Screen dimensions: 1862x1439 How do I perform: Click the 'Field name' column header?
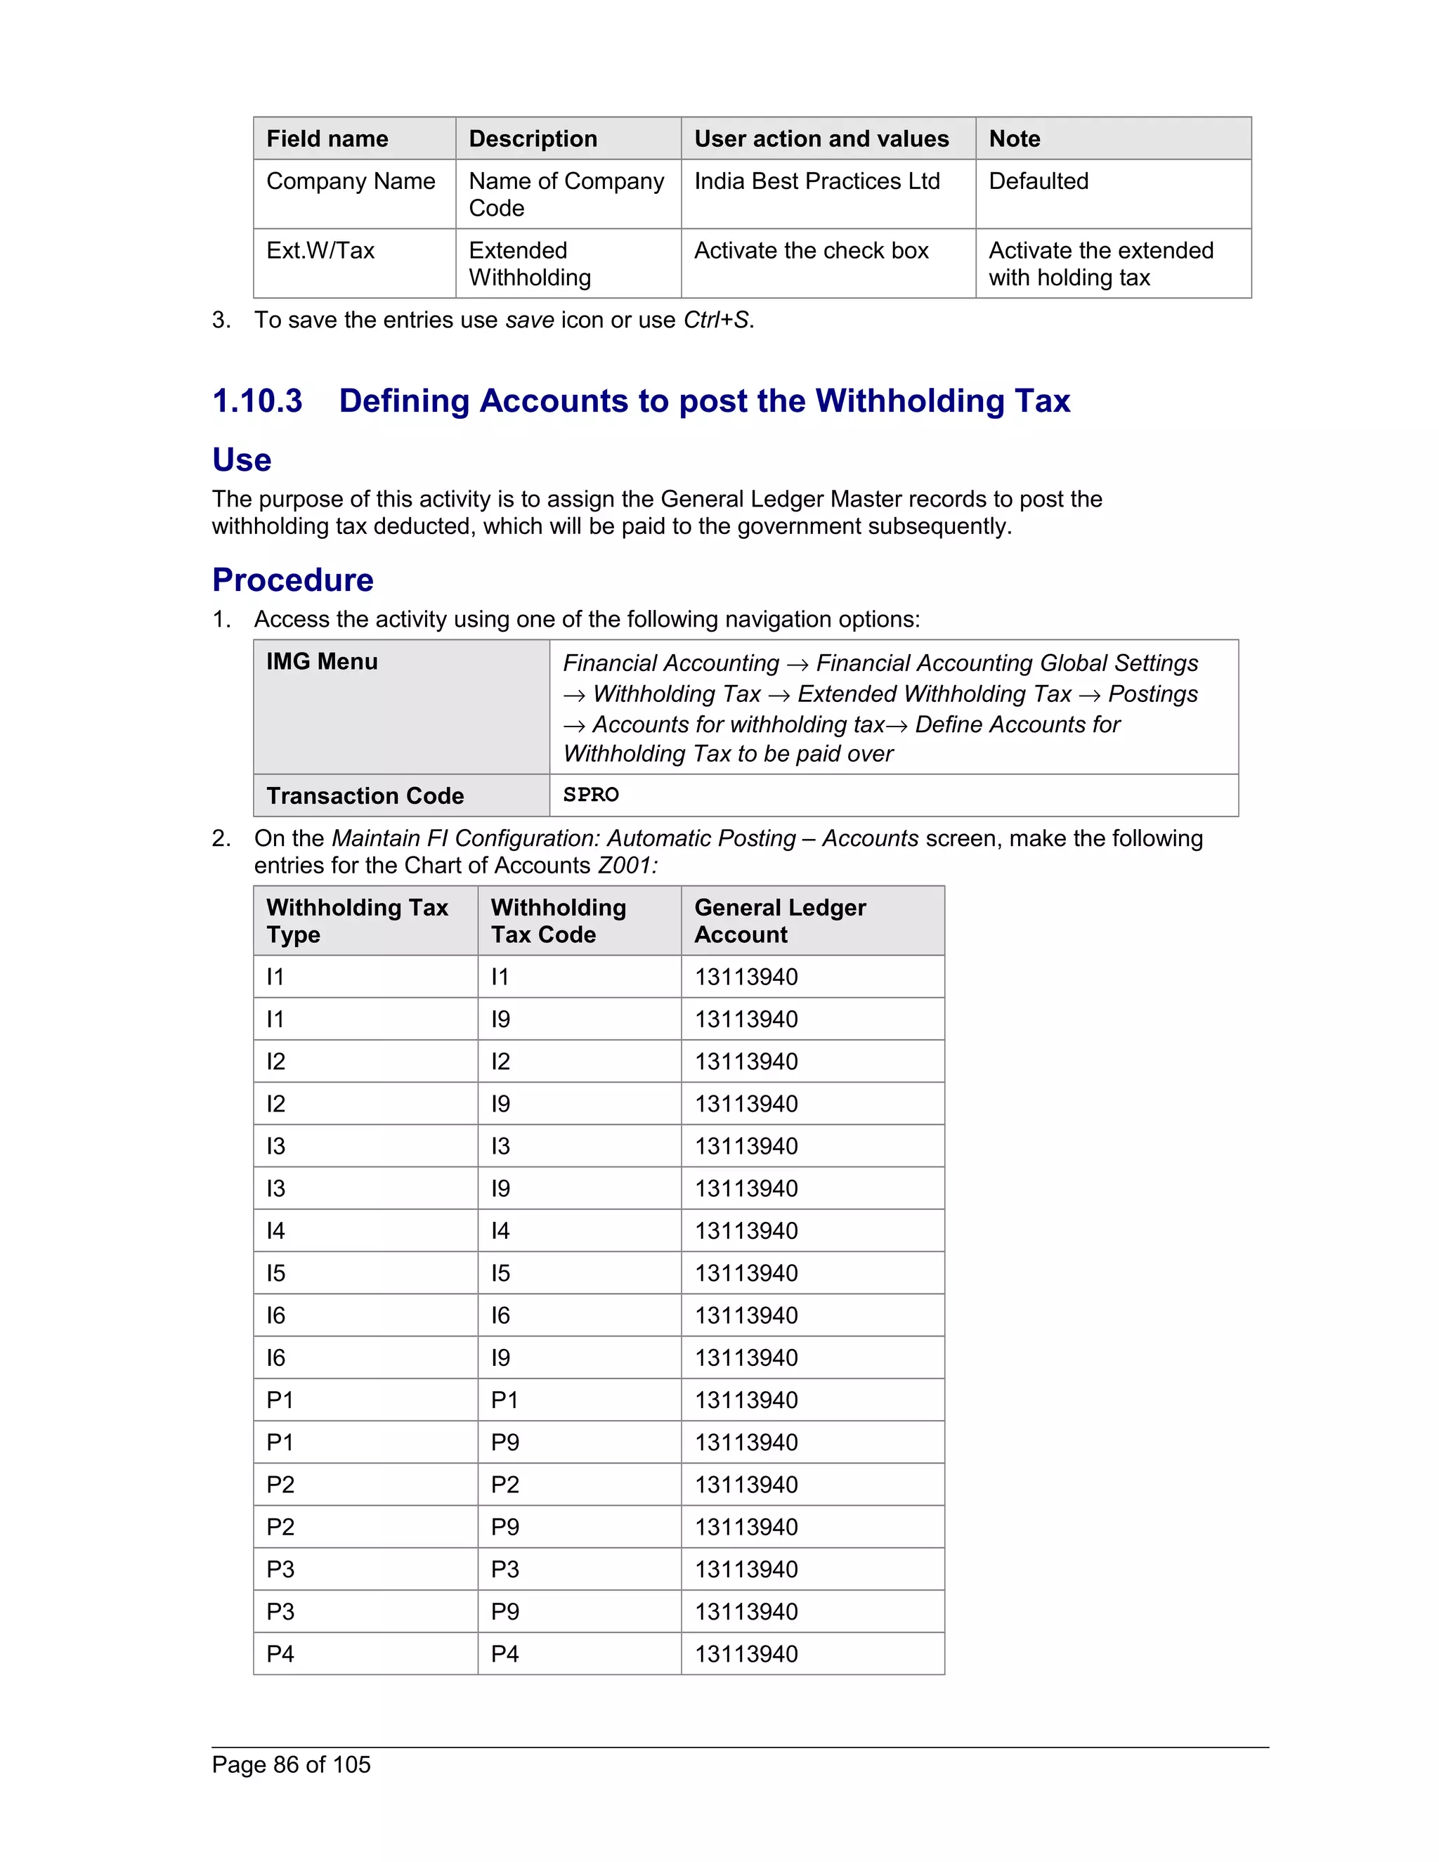pos(327,139)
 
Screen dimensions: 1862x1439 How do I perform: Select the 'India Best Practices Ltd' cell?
pos(816,181)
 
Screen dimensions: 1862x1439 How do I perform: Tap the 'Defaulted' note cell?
pos(1038,181)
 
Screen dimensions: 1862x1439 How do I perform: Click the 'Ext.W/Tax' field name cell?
pos(320,251)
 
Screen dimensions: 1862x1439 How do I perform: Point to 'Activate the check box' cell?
pos(811,251)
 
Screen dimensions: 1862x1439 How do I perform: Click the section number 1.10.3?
pos(257,401)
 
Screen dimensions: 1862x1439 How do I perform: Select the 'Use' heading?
pos(242,460)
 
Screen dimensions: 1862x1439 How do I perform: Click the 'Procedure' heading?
pos(292,580)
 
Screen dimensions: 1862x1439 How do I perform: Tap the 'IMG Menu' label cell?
pos(323,662)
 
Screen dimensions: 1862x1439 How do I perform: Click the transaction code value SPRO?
pos(591,795)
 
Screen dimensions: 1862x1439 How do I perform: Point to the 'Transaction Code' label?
pos(365,795)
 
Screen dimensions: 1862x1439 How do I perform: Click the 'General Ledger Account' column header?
pos(779,920)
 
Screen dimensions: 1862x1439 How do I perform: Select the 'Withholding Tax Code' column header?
pos(559,920)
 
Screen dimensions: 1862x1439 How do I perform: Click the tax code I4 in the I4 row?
pos(500,1231)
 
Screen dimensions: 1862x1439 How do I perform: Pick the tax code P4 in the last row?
pos(504,1654)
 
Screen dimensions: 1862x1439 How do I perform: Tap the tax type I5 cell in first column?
pos(275,1273)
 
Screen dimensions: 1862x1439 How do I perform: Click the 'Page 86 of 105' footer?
pos(292,1764)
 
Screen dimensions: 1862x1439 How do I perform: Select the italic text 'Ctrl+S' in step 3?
pos(716,320)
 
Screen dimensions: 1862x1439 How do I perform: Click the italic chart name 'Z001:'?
pos(627,866)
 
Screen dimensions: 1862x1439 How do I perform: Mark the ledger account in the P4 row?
pos(746,1654)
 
